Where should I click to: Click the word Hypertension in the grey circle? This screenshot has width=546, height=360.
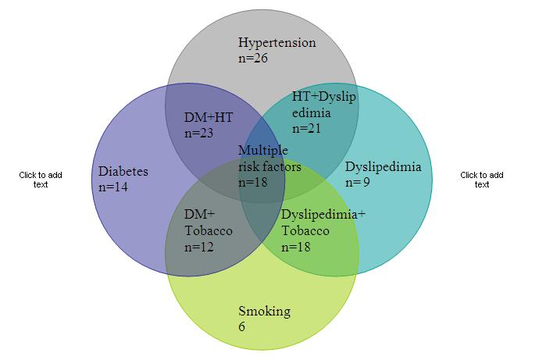pyautogui.click(x=277, y=42)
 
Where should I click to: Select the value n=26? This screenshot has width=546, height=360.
pyautogui.click(x=254, y=57)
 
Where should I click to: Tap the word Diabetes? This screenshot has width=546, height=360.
pyautogui.click(x=123, y=172)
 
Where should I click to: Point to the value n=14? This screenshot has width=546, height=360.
pyautogui.click(x=114, y=187)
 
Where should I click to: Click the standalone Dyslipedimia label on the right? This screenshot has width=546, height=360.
pyautogui.click(x=383, y=166)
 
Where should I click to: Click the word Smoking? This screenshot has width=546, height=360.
pyautogui.click(x=264, y=312)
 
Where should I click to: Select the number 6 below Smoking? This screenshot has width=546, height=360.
pyautogui.click(x=242, y=326)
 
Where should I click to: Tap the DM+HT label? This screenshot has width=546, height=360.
pyautogui.click(x=208, y=117)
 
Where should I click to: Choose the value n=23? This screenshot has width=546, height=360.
pyautogui.click(x=199, y=133)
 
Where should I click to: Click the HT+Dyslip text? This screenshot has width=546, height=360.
pyautogui.click(x=323, y=96)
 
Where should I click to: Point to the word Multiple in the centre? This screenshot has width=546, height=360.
pyautogui.click(x=263, y=150)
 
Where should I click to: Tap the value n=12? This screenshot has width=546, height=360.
pyautogui.click(x=199, y=247)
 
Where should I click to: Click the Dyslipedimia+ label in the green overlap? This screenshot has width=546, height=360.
pyautogui.click(x=323, y=214)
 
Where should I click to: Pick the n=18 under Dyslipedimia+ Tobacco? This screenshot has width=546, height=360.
pyautogui.click(x=297, y=247)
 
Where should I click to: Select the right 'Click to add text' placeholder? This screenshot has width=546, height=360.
pyautogui.click(x=482, y=180)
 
